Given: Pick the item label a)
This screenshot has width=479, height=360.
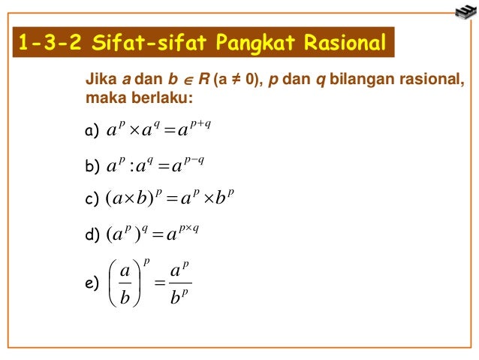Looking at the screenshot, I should pyautogui.click(x=93, y=133).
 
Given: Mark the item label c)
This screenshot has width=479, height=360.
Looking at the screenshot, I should pyautogui.click(x=93, y=201).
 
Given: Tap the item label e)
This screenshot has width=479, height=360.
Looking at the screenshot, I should pyautogui.click(x=93, y=283).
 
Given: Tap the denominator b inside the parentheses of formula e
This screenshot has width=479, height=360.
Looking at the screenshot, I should pyautogui.click(x=125, y=299).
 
